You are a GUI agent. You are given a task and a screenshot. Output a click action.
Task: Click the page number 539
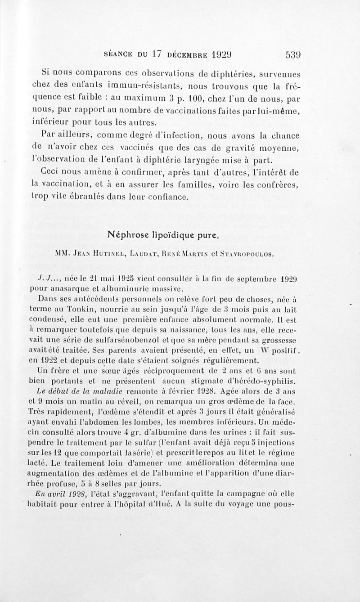click(x=292, y=55)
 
